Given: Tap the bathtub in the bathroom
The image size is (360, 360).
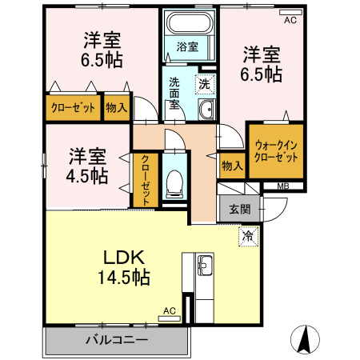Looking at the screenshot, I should pyautogui.click(x=189, y=23).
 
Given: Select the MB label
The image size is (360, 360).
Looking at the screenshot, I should pyautogui.click(x=283, y=187).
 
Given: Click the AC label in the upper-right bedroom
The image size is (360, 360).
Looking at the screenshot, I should pyautogui.click(x=289, y=22).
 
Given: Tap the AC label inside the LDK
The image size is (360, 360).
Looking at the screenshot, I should pyautogui.click(x=169, y=310).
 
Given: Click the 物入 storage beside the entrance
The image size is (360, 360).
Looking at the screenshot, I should pyautogui.click(x=232, y=166).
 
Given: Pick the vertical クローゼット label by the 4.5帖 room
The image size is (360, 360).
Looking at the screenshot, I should pyautogui.click(x=146, y=178).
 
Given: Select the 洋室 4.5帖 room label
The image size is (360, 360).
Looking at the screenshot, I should pyautogui.click(x=87, y=166).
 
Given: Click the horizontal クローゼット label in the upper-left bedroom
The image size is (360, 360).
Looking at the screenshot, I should pyautogui.click(x=74, y=108).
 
